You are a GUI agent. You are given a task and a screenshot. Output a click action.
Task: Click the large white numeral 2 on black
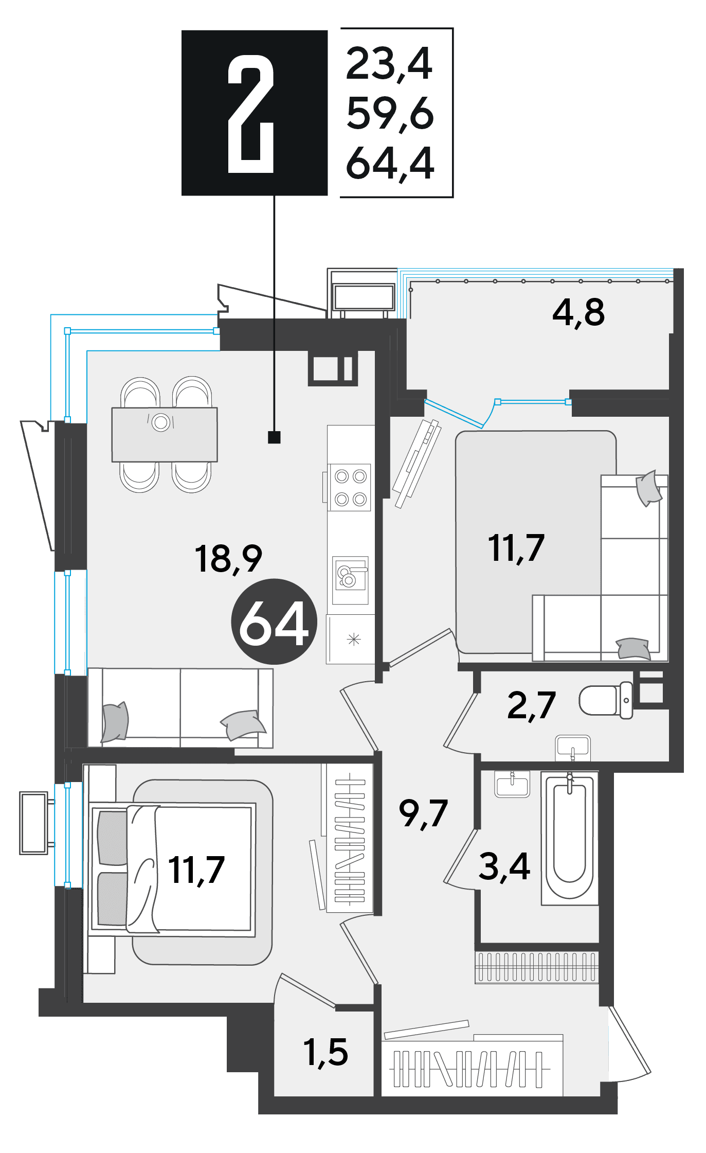[250, 114]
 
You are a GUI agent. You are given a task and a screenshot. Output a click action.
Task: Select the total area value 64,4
[390, 164]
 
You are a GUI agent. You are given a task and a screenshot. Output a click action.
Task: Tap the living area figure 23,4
[389, 64]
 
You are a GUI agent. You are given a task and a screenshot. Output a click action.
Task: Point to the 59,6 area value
[390, 114]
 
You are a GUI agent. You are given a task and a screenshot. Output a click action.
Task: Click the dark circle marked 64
[274, 622]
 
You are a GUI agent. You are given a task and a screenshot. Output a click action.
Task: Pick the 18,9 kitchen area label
[228, 559]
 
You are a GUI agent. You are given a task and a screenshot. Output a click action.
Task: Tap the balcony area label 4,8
[578, 313]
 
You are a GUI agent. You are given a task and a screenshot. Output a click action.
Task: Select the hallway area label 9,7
[423, 813]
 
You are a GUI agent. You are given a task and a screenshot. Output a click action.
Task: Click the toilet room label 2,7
[531, 705]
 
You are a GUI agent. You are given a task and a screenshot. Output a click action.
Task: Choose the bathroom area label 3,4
[504, 866]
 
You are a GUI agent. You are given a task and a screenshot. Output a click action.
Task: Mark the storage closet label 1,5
[326, 1052]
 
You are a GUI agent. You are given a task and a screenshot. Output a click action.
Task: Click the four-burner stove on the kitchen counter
[350, 487]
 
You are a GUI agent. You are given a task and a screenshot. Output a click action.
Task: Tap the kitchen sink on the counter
[350, 580]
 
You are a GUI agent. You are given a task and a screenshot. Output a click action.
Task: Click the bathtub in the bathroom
[570, 838]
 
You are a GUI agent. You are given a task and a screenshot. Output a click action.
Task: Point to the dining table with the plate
[165, 435]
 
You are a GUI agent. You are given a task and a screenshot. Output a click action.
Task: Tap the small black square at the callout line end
[274, 437]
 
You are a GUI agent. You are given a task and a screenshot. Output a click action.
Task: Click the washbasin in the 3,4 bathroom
[512, 784]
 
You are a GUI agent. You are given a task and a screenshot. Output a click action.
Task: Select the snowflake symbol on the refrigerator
[354, 640]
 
